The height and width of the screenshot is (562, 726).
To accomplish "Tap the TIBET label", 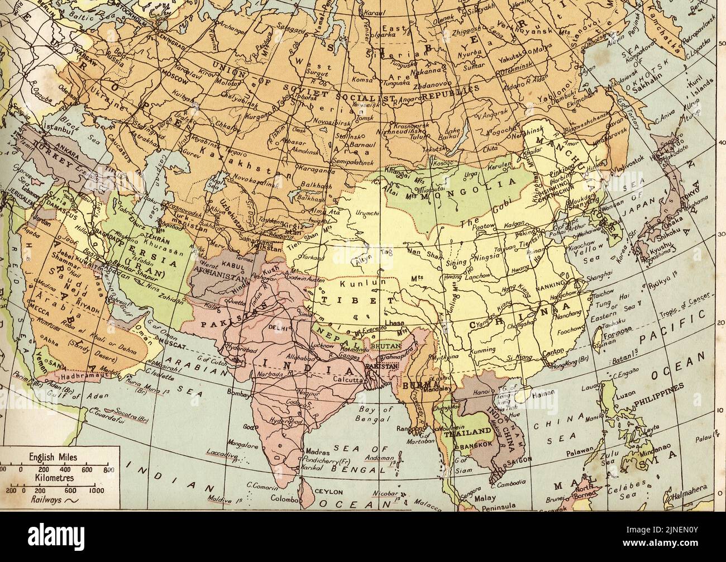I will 341,300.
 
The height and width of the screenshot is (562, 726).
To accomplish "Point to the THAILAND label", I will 468,431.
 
